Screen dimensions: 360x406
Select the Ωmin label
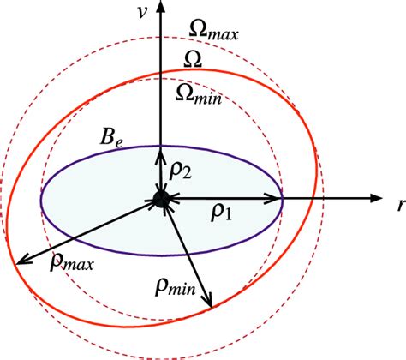point(197,94)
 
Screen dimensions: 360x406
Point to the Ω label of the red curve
point(194,61)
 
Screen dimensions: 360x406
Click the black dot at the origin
point(160,201)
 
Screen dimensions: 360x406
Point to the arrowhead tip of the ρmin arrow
point(211,307)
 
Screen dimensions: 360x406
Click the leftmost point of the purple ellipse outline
point(39,201)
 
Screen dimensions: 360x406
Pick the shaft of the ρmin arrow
point(186,255)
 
